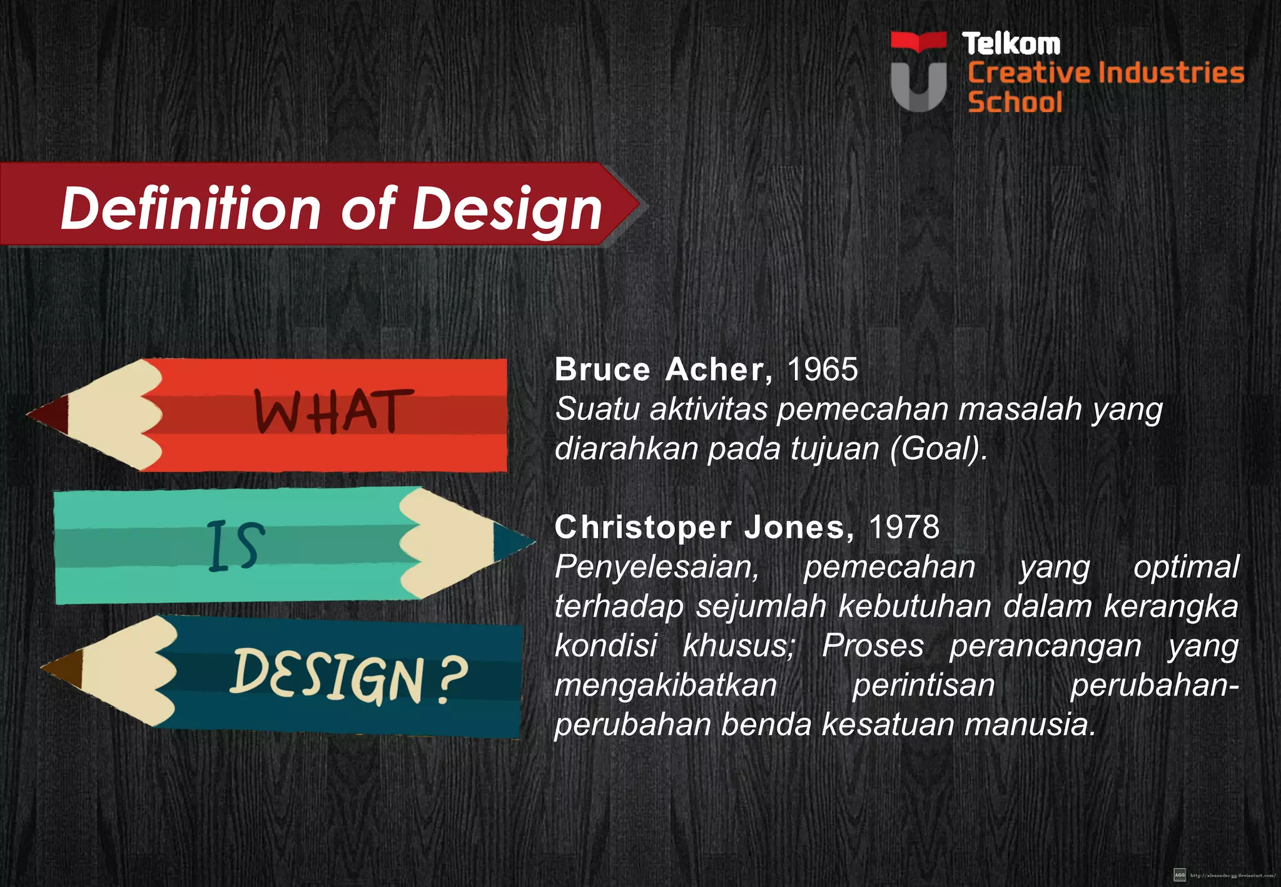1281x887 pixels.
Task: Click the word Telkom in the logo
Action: click(1011, 44)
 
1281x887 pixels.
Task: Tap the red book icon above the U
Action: click(918, 42)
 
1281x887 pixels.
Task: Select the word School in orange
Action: click(1015, 102)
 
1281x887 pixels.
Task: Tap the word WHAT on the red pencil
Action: click(333, 412)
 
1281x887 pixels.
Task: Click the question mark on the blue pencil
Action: click(452, 680)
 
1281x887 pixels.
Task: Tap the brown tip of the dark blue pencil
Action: click(65, 667)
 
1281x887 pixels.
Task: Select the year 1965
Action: click(822, 369)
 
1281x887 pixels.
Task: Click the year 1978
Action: click(904, 527)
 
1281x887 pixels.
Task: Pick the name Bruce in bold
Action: click(602, 369)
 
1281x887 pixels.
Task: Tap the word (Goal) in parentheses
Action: click(938, 449)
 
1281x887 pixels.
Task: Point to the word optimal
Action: click(1186, 567)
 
